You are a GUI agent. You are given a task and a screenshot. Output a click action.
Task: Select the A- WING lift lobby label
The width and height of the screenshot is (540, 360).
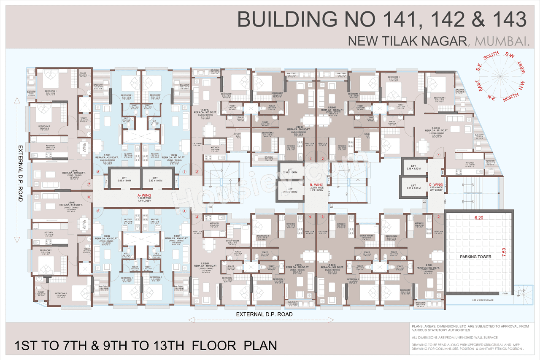pyautogui.click(x=144, y=198)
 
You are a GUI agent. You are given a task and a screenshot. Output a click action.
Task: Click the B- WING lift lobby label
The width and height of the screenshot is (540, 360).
pyautogui.click(x=316, y=187)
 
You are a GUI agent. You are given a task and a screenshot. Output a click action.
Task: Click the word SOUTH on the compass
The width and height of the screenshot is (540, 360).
pyautogui.click(x=491, y=57)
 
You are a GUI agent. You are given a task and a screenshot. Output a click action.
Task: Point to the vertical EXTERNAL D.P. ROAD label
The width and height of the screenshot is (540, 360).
pyautogui.click(x=19, y=173)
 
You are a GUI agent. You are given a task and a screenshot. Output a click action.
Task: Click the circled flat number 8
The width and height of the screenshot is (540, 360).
pyautogui.click(x=98, y=172)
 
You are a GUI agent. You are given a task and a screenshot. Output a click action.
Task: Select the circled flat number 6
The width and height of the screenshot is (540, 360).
pyautogui.click(x=89, y=197)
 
